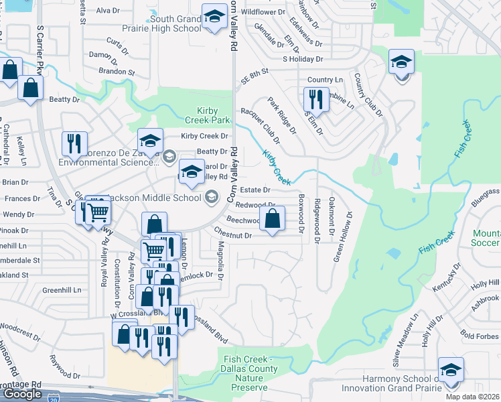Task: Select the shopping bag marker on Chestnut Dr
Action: click(x=272, y=219)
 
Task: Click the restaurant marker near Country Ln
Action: click(x=315, y=100)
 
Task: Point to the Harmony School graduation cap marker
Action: click(x=451, y=371)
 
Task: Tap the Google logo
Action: click(x=23, y=394)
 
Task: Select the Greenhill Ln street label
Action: click(x=62, y=290)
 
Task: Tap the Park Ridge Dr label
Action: click(x=282, y=115)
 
